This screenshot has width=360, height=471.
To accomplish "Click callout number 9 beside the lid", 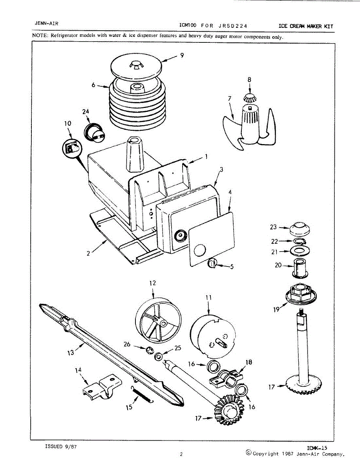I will [x=182, y=56].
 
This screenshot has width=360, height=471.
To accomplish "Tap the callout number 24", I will [x=86, y=111].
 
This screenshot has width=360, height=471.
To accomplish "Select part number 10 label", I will [x=67, y=123].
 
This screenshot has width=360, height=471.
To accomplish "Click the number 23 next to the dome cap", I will [x=273, y=226].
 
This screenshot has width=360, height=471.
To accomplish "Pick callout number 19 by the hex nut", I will [x=276, y=309].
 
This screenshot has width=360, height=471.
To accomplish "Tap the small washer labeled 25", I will [x=159, y=357].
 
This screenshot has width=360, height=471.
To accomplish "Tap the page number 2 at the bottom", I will [x=181, y=455].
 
